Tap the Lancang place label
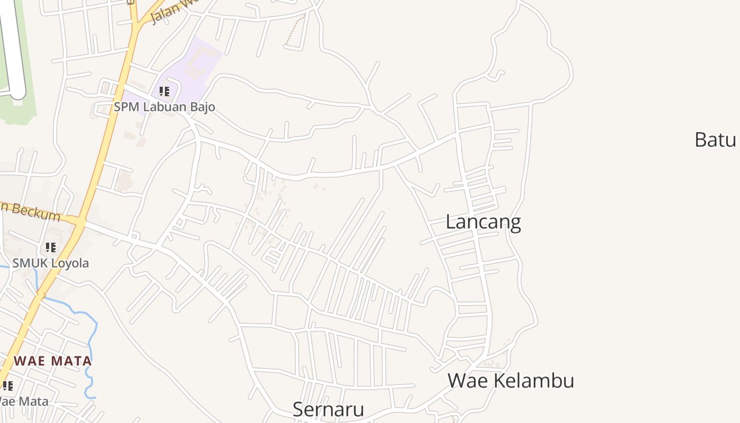click(483, 222)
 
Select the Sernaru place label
click(328, 409)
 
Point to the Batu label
click(715, 140)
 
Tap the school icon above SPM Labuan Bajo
click(164, 91)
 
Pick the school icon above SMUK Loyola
click(50, 247)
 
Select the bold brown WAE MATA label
click(53, 361)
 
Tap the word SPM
click(125, 107)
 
